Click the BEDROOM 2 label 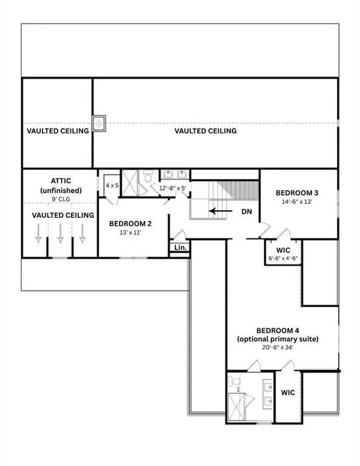131,223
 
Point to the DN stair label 247,212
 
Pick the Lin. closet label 180,248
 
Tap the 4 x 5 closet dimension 112,185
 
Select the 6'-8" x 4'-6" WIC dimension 282,258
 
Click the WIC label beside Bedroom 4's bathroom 288,393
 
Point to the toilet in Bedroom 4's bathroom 235,382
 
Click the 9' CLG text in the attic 61,198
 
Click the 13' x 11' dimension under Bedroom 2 130,233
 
